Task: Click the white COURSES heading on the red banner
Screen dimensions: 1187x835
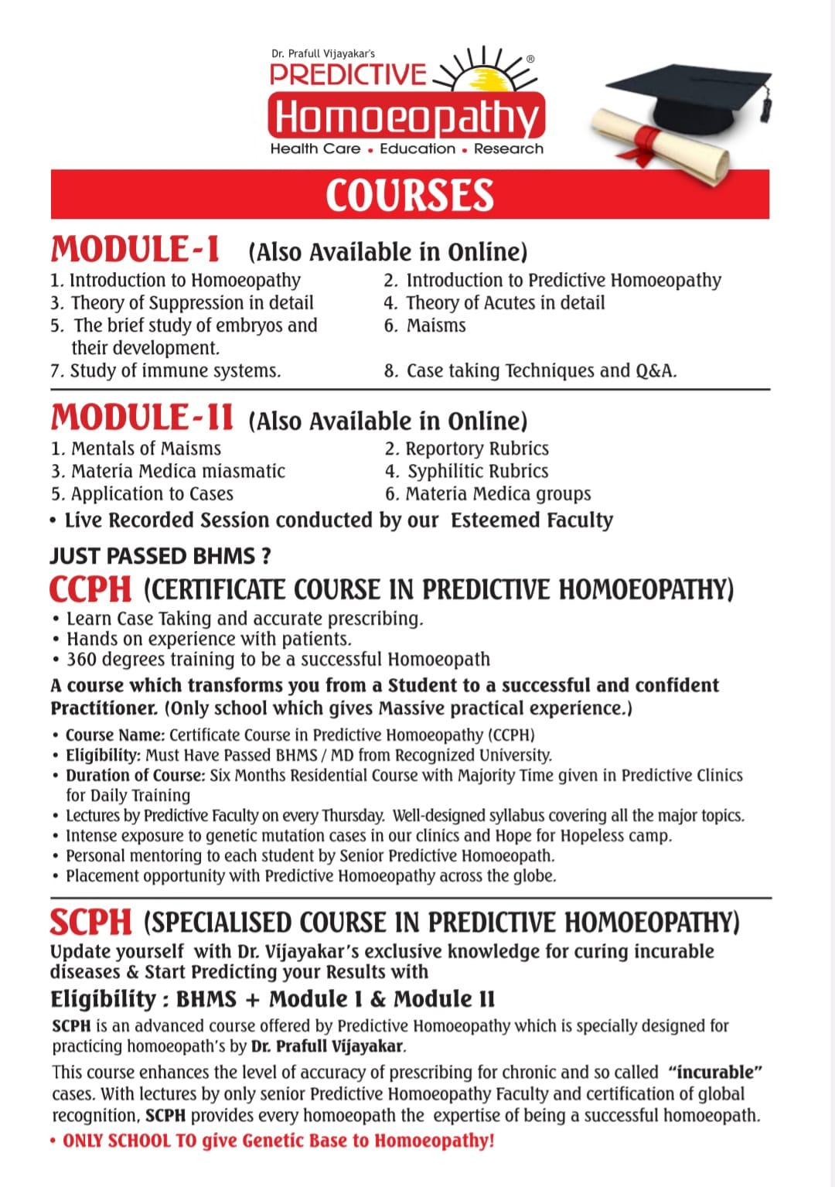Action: (x=409, y=195)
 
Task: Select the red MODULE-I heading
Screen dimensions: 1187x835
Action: (x=135, y=250)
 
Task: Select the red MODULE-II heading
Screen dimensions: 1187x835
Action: (x=141, y=418)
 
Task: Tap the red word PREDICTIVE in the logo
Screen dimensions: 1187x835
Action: (x=348, y=74)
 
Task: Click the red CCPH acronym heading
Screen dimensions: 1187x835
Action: (x=90, y=589)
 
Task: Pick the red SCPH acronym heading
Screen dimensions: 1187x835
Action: (x=91, y=922)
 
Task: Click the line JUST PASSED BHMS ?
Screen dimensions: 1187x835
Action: (x=161, y=556)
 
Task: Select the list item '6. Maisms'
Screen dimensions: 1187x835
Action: (x=425, y=326)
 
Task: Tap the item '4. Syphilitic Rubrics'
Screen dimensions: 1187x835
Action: (x=467, y=471)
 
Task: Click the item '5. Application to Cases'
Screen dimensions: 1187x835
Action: (x=142, y=493)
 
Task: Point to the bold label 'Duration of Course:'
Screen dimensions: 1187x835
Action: (x=135, y=776)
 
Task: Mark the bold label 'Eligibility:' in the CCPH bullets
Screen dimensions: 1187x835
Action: (x=103, y=756)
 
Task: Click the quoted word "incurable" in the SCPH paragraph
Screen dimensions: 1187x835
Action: (x=716, y=1073)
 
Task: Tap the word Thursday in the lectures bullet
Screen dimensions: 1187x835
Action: (x=353, y=816)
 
